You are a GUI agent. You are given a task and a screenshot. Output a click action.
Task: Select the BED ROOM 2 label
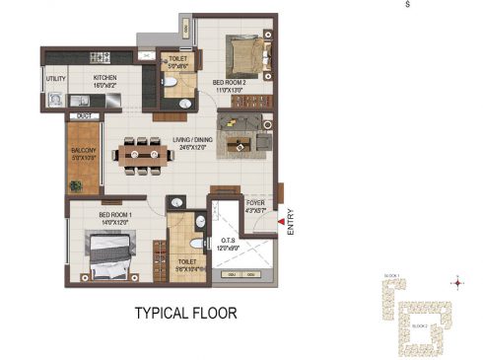pyautogui.click(x=233, y=83)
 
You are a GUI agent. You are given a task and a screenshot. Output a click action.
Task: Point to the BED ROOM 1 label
pyautogui.click(x=113, y=214)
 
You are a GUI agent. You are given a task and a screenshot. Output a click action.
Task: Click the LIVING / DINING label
pyautogui.click(x=191, y=140)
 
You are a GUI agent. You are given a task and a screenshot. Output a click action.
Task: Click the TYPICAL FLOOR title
pyautogui.click(x=185, y=314)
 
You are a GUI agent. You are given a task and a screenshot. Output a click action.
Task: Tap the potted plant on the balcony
pyautogui.click(x=75, y=184)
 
